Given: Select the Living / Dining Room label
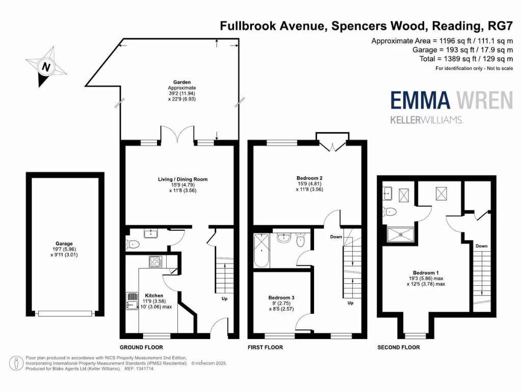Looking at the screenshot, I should (x=182, y=179).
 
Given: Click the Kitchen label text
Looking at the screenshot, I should (x=154, y=296).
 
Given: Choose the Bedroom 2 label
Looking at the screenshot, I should (x=310, y=178).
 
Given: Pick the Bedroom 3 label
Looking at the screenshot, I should (x=281, y=297).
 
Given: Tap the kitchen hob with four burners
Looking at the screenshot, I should (x=155, y=262).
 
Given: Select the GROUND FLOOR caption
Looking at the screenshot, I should (x=142, y=347).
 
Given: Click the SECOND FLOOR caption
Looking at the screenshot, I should (x=399, y=347).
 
